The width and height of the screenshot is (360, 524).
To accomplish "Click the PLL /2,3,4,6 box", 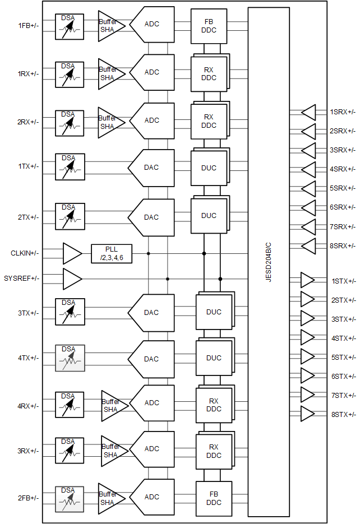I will [112, 253].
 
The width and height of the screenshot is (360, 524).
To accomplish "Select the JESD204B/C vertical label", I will [269, 262].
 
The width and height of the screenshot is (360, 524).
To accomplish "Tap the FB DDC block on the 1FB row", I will [209, 26].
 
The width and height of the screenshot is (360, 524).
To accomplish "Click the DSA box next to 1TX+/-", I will [70, 167].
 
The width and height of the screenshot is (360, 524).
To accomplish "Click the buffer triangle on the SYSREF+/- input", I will [71, 279].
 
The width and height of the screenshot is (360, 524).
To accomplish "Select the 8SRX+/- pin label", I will [342, 245].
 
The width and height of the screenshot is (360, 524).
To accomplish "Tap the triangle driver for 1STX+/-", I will [307, 280].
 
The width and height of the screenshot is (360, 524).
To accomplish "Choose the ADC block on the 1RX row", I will [151, 72].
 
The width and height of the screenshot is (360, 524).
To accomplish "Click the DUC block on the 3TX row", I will [213, 312].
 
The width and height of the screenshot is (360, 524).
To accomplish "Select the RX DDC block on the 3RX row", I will [213, 451].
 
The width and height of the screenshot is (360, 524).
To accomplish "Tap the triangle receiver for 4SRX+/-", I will [309, 169].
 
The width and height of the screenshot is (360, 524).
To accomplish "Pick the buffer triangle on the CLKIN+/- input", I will [71, 253].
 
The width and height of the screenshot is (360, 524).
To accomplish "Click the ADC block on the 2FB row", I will [151, 497].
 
